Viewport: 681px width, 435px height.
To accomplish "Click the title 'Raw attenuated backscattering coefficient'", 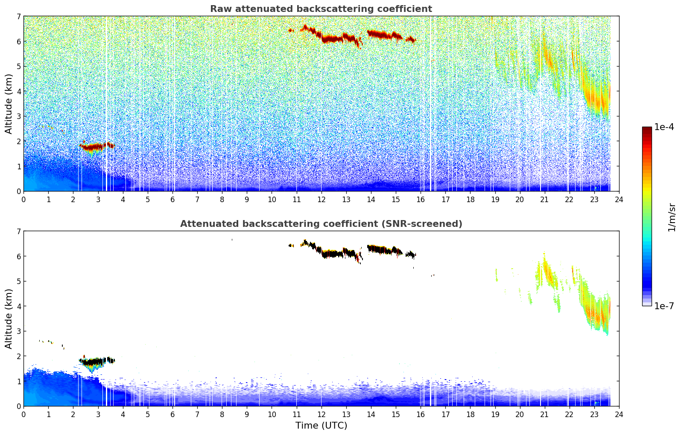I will pyautogui.click(x=321, y=9).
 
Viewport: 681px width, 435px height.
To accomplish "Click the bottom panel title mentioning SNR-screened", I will pyautogui.click(x=321, y=224).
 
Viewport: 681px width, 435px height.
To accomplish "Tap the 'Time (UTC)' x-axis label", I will pyautogui.click(x=321, y=426).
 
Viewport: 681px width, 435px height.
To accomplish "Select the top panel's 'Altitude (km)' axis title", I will pyautogui.click(x=9, y=104).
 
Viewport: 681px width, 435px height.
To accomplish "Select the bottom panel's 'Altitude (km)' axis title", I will pyautogui.click(x=9, y=319).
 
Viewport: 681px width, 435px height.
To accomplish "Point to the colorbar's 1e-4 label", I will pyautogui.click(x=664, y=127).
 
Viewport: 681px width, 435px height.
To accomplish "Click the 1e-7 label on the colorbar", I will pyautogui.click(x=664, y=306).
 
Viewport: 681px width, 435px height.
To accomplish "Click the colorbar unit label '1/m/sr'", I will pyautogui.click(x=672, y=217).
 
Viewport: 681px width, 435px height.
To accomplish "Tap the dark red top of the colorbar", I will pyautogui.click(x=647, y=129).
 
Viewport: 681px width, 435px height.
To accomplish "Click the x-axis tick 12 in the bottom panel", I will pyautogui.click(x=321, y=414).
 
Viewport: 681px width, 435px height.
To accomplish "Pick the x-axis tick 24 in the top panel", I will pyautogui.click(x=619, y=199).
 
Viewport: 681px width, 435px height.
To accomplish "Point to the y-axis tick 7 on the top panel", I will pyautogui.click(x=18, y=17).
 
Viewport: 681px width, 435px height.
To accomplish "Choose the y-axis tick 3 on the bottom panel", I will pyautogui.click(x=18, y=331).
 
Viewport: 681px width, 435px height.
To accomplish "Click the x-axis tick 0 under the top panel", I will pyautogui.click(x=23, y=199).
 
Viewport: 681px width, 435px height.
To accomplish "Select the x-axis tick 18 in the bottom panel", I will pyautogui.click(x=470, y=414).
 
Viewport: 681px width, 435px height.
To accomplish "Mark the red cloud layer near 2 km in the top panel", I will pyautogui.click(x=92, y=147).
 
